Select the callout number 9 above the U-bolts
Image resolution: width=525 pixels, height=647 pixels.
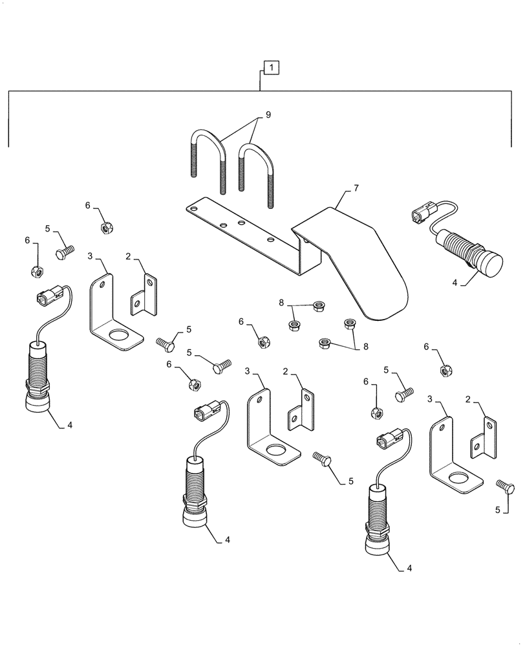(268, 115)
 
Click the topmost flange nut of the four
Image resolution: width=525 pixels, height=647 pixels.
(317, 306)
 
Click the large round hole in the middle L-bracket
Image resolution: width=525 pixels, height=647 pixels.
(279, 450)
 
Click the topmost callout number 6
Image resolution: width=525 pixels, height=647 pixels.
(88, 205)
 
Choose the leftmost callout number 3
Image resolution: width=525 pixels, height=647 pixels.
(90, 256)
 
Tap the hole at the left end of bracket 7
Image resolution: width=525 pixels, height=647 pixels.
(191, 208)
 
